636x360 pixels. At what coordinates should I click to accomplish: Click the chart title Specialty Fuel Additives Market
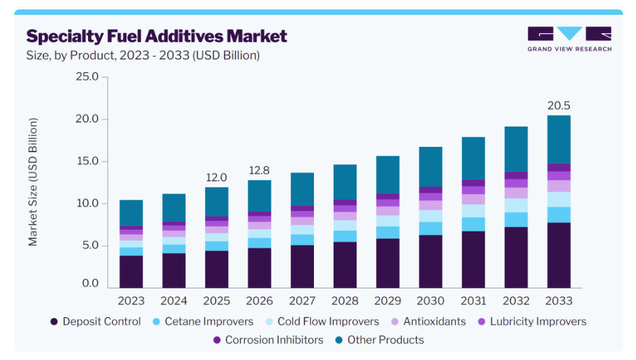tap(156, 37)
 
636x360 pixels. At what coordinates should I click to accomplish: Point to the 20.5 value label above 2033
tap(558, 106)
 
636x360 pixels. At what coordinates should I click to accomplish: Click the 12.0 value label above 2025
tap(217, 177)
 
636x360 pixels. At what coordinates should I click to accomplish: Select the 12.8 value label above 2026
tap(259, 171)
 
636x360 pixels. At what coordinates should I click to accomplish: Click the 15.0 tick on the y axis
tap(87, 161)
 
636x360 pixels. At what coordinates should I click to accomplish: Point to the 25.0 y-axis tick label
tap(87, 76)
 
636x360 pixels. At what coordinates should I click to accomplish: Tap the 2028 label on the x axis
tap(345, 300)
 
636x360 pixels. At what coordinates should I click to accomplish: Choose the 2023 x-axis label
tap(131, 300)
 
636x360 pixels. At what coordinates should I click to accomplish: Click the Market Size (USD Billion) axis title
tap(33, 182)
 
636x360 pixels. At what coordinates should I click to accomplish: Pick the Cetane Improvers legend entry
tap(203, 321)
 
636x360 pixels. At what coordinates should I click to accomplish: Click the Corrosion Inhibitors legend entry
tap(268, 340)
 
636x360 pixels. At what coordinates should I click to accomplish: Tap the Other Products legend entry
tap(380, 340)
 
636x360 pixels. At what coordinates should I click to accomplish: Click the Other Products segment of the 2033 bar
tap(558, 139)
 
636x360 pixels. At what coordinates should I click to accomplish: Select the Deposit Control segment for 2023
tap(131, 271)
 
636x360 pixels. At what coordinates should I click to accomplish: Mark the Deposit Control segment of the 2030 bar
tap(430, 261)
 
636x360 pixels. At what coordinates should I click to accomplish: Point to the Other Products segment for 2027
tap(302, 189)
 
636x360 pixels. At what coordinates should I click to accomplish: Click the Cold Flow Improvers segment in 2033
tap(558, 200)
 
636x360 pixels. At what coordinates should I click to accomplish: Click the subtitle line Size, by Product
tap(143, 55)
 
